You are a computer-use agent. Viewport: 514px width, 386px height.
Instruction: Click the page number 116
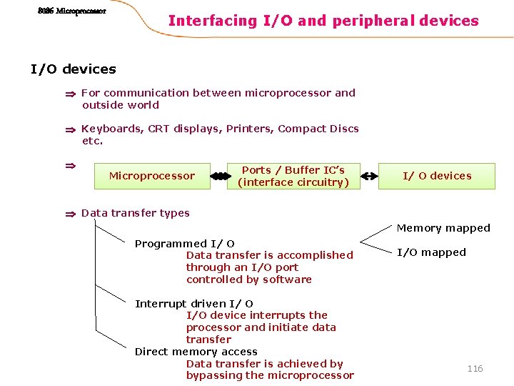pos(475,368)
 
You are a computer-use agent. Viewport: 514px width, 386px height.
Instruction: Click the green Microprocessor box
pos(151,176)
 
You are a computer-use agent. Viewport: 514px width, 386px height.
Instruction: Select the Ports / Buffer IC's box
pos(293,176)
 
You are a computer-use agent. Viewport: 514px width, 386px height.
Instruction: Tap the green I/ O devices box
pos(437,176)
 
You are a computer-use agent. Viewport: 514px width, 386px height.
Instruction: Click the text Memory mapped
pos(443,228)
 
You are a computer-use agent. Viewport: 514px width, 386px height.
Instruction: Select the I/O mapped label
pos(431,252)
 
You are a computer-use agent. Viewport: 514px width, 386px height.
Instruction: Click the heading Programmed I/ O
pos(185,244)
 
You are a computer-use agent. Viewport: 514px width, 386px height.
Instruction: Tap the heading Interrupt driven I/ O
pos(194,304)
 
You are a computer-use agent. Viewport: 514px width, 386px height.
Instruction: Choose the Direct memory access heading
pos(196,352)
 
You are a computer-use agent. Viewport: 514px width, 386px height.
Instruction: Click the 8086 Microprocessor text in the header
pos(71,11)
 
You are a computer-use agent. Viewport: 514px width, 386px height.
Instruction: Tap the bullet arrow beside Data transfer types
pos(70,213)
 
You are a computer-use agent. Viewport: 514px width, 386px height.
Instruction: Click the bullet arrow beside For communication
pos(70,94)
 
